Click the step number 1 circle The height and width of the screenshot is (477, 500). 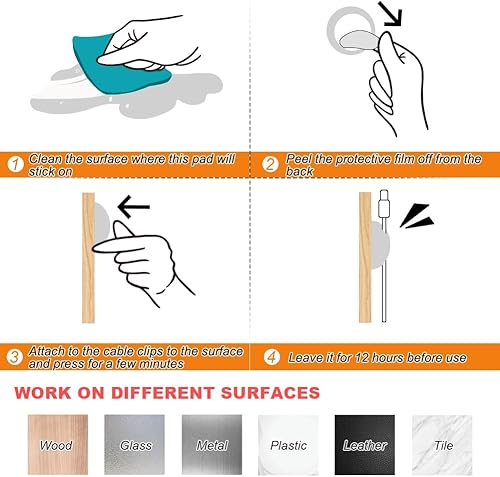(x=14, y=165)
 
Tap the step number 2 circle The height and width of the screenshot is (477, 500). (x=270, y=165)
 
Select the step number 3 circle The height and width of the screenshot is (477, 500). (x=14, y=357)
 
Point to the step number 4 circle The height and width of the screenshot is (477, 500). (x=270, y=357)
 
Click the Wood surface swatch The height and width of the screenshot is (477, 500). (x=56, y=445)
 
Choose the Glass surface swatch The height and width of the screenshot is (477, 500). (x=135, y=445)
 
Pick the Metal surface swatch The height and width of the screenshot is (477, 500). (x=211, y=445)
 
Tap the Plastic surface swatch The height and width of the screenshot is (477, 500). (x=288, y=445)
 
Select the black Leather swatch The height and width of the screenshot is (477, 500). (x=365, y=445)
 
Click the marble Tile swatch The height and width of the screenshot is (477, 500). (x=442, y=445)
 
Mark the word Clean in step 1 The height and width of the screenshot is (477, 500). (x=46, y=159)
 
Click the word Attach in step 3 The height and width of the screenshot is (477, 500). (x=48, y=351)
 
